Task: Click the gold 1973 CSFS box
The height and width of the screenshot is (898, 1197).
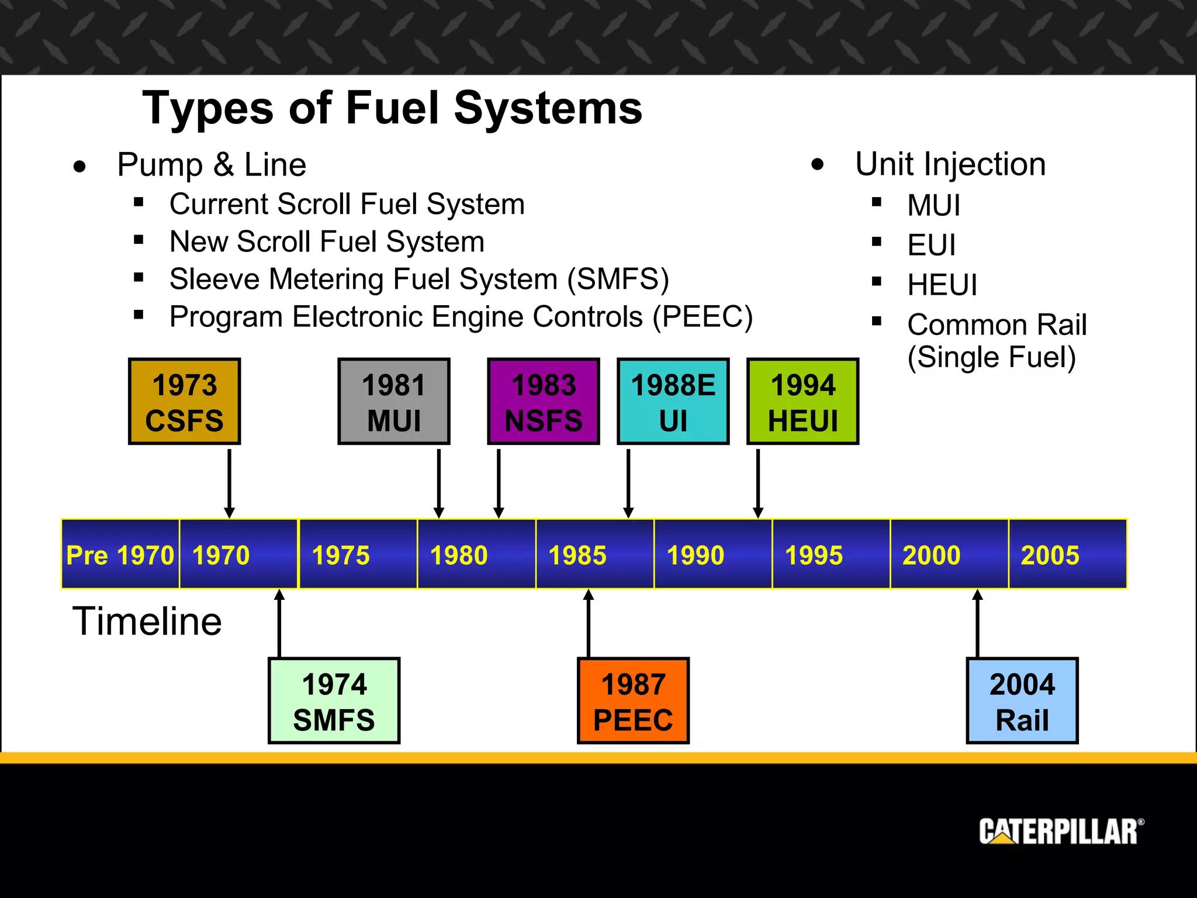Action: pos(184,402)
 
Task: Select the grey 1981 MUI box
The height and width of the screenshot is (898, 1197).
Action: pos(394,402)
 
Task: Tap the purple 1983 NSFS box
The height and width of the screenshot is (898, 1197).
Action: pos(544,402)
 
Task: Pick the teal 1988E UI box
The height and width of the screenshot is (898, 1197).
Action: pos(673,402)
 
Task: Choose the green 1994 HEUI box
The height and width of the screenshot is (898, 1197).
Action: pos(803,402)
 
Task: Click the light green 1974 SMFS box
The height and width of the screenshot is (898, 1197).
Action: pos(334,701)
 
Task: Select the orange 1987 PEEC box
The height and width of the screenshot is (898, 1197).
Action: pos(633,701)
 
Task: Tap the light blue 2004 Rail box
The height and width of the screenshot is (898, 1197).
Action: pos(1022,701)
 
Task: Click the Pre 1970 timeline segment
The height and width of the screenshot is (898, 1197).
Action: pos(120,554)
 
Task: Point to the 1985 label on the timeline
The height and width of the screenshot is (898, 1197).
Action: pos(577,555)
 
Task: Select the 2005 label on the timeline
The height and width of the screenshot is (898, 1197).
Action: pos(1050,555)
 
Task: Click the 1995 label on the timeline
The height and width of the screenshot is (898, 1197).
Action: pos(814,555)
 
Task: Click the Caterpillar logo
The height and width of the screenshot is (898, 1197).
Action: pos(1060,831)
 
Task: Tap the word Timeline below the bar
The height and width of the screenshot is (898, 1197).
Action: pos(147,621)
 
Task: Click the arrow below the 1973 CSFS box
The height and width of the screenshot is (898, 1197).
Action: pos(230,482)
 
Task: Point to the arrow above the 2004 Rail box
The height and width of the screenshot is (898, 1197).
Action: pos(977,623)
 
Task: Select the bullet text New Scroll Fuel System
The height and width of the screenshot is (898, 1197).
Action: pos(327,241)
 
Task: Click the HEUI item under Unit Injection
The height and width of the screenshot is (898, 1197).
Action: pos(942,285)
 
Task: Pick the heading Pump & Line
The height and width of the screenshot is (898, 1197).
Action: pos(212,164)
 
